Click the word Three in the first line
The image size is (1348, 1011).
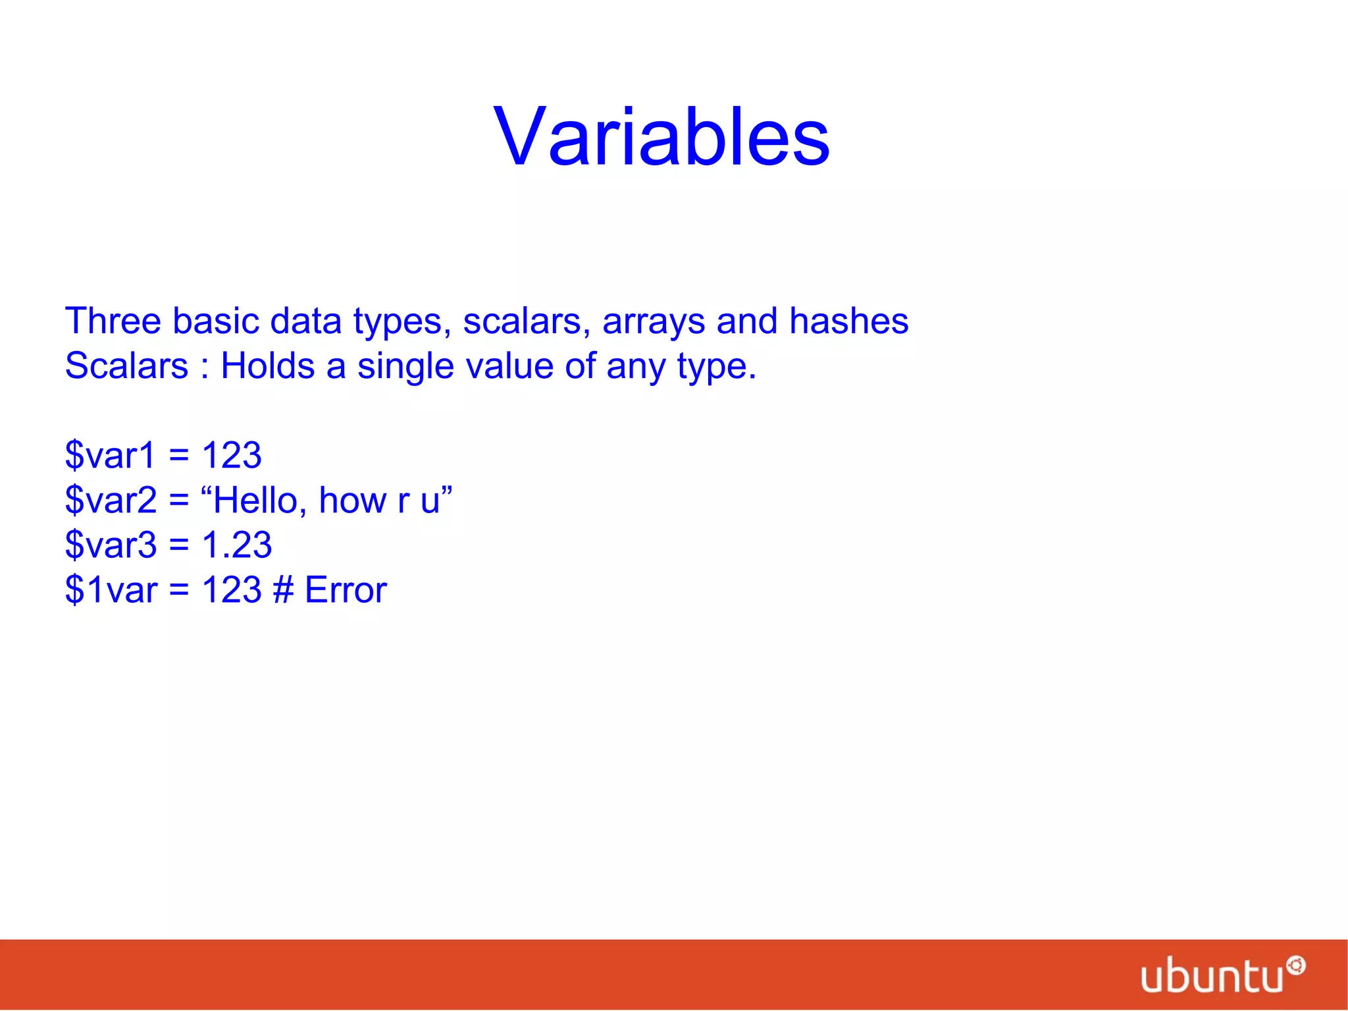point(113,321)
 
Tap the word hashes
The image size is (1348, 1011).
point(848,321)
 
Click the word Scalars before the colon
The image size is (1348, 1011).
point(126,366)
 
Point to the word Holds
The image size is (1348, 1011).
point(267,366)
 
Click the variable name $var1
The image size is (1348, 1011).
point(110,455)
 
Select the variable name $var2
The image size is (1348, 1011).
point(111,500)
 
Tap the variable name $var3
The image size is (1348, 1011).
point(111,545)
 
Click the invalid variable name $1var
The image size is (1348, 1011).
point(111,589)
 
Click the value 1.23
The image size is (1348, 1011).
point(236,545)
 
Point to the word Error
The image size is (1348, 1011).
point(346,589)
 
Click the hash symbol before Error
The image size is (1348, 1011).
point(283,589)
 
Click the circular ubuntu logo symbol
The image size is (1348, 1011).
point(1296,966)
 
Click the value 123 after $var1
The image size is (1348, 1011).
point(232,455)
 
